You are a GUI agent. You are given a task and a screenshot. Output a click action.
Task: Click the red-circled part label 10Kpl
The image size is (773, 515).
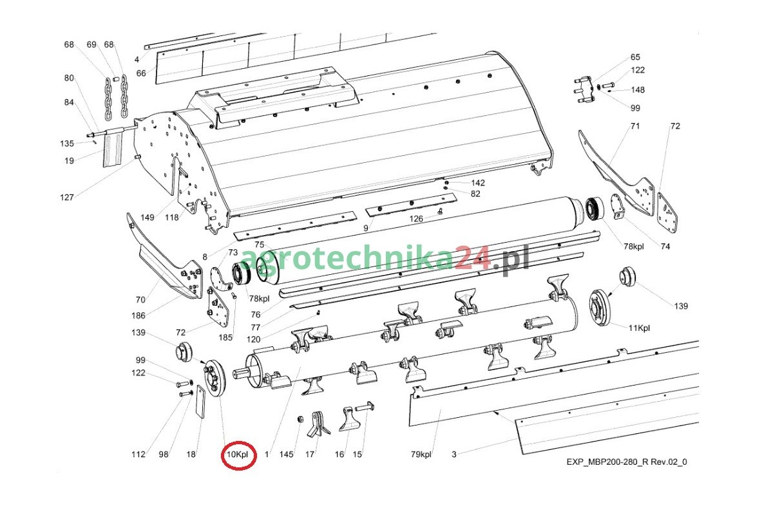coord(238,454)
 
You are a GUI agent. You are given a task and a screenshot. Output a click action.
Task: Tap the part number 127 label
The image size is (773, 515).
coord(66,197)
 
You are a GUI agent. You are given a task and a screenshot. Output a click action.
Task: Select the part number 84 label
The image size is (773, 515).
coord(69,102)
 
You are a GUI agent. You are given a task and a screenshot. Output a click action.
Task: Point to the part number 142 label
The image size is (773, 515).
coord(478,183)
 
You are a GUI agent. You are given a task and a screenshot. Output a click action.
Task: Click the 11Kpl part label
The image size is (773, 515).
coord(639,328)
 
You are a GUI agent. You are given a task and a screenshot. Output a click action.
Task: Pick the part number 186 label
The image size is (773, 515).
coord(138,315)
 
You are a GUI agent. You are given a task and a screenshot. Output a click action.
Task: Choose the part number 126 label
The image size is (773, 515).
coord(416,219)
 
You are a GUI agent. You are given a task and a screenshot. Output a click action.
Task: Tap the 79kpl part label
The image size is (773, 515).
coord(421,454)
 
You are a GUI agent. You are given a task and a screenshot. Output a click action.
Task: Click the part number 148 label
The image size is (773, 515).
coord(638,89)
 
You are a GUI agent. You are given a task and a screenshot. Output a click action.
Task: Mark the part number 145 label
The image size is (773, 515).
coord(287,454)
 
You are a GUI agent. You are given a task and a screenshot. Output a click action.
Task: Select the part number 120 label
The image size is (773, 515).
coord(254,339)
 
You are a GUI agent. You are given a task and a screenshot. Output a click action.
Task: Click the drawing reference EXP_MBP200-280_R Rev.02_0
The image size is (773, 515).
coord(627,462)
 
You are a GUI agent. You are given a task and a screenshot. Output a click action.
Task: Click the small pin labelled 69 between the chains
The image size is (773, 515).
coord(117,79)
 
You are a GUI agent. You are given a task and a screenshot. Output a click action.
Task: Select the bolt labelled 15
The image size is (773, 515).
coord(364,407)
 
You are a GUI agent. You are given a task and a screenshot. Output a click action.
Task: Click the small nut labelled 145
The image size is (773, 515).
coord(300,419)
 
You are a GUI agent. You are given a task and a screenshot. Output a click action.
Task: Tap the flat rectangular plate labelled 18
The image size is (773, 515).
coord(200,402)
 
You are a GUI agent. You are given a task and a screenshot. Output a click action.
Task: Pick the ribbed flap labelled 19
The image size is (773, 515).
coord(113,149)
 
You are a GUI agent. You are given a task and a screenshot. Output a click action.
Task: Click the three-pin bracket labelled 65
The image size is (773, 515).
coord(585,90)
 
